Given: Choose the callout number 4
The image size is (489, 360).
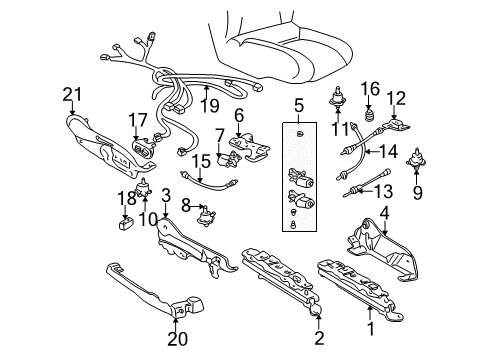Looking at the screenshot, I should [x=384, y=213].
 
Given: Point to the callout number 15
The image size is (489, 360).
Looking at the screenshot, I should [x=202, y=160].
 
